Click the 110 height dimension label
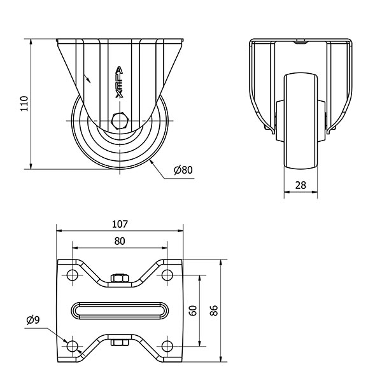click(25, 104)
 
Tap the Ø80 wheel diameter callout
click(183, 170)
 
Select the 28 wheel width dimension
click(301, 185)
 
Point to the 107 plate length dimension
click(120, 224)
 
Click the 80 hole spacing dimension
click(120, 241)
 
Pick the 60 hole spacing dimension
click(193, 310)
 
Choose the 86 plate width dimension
click(214, 310)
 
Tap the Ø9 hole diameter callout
click(33, 320)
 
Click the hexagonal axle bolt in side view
click(120, 121)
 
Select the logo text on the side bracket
click(120, 82)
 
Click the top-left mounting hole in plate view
click(73, 275)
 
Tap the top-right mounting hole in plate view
click(167, 275)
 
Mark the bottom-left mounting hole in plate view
click(73, 346)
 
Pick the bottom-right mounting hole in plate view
click(167, 346)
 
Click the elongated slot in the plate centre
click(120, 310)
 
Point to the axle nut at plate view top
click(120, 278)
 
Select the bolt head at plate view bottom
click(120, 342)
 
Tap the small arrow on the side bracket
click(87, 78)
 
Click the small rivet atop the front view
click(301, 42)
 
